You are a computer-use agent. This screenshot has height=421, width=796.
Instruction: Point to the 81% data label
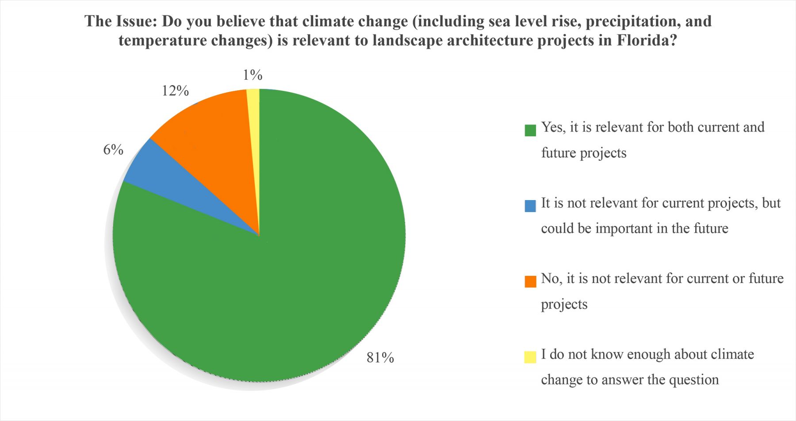point(380,358)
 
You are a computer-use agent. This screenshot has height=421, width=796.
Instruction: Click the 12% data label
point(175,91)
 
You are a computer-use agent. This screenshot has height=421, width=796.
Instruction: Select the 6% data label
point(113,150)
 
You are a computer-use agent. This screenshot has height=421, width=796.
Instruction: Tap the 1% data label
point(253,75)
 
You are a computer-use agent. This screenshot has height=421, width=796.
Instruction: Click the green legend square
point(530,130)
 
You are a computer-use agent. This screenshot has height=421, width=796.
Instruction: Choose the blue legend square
point(530,206)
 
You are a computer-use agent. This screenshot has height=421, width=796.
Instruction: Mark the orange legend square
point(530,282)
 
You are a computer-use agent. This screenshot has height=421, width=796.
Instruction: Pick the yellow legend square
point(530,357)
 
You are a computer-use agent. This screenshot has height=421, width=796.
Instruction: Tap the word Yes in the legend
point(552,127)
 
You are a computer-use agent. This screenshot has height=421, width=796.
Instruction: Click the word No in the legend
point(550,279)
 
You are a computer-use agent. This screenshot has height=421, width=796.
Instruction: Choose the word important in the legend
point(624,228)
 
